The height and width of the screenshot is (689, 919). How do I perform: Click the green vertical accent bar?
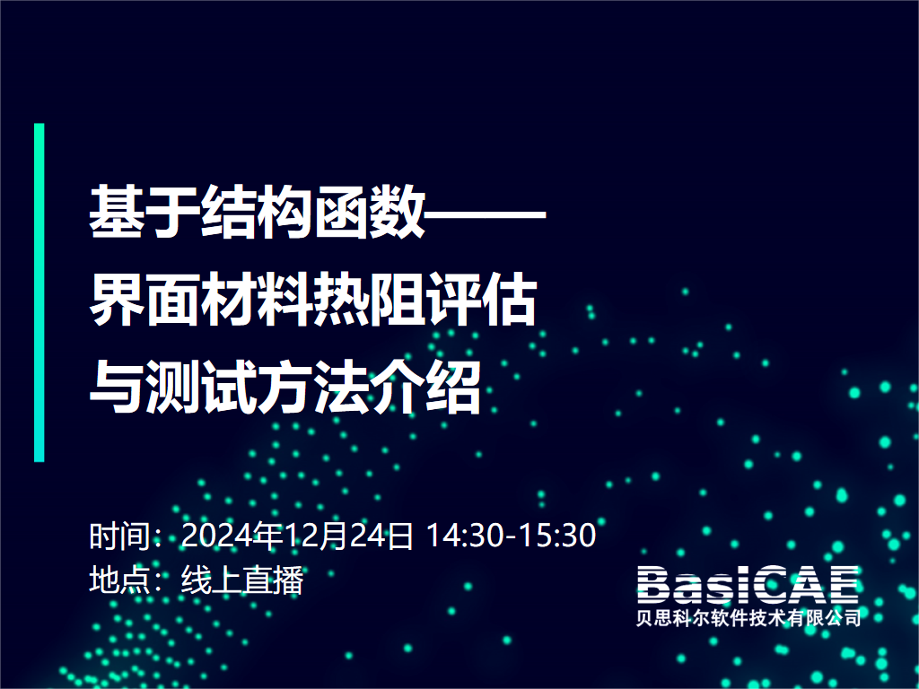(x=39, y=292)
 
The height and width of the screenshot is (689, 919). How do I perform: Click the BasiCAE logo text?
(x=748, y=585)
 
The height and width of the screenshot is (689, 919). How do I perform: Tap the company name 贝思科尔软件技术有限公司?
(x=748, y=618)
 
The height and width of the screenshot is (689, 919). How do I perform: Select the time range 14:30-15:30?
(x=511, y=536)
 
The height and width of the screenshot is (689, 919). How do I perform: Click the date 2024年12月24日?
(x=298, y=536)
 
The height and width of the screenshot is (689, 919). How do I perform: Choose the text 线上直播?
(x=242, y=580)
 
